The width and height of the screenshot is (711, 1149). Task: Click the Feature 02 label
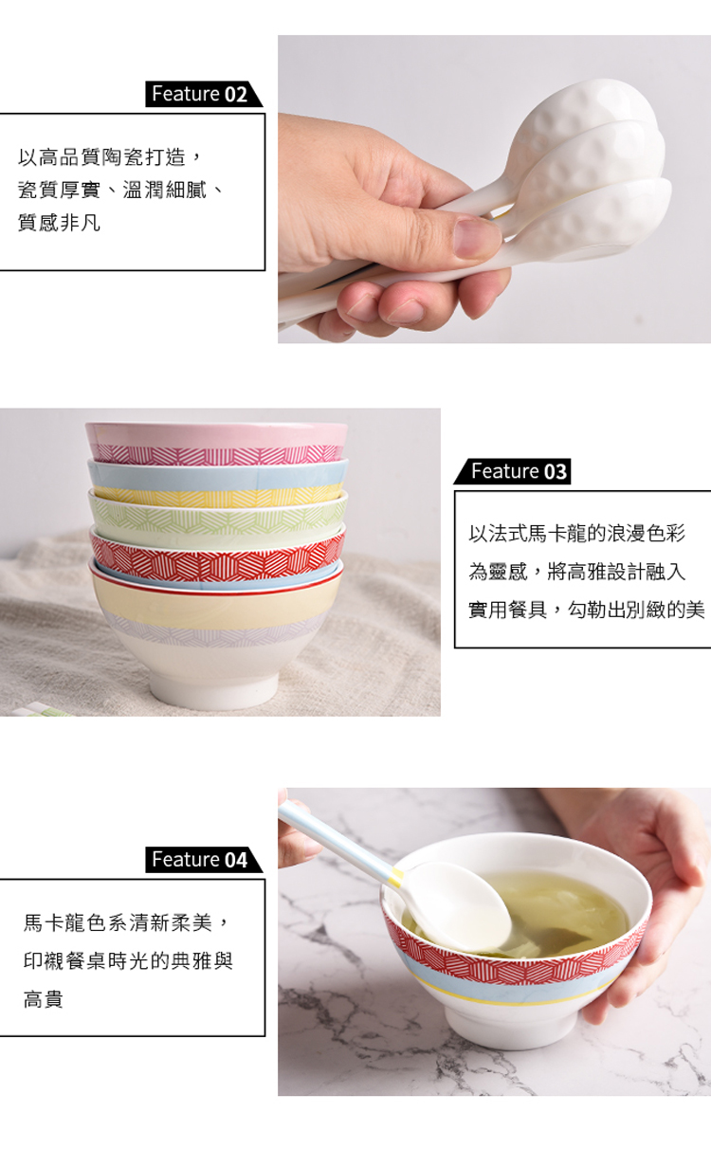coord(203,94)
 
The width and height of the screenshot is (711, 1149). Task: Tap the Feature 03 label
coord(513,471)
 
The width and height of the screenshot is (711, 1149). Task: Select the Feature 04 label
coord(203,859)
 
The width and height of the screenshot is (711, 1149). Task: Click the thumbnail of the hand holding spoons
coord(494,189)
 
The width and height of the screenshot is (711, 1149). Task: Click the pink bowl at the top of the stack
coord(216,443)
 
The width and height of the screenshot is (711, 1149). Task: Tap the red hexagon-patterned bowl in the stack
coord(216,558)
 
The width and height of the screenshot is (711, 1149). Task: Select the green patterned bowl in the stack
coord(217,517)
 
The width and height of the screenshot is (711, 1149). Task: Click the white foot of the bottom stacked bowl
coord(215,691)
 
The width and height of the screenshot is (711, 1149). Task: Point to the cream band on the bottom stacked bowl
coord(215,604)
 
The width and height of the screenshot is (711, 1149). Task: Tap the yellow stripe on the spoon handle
coord(395,878)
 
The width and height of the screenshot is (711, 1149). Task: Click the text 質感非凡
coord(59,223)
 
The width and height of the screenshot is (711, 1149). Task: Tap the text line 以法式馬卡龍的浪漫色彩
coord(577,534)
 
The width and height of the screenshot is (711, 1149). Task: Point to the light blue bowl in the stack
coord(217,474)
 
